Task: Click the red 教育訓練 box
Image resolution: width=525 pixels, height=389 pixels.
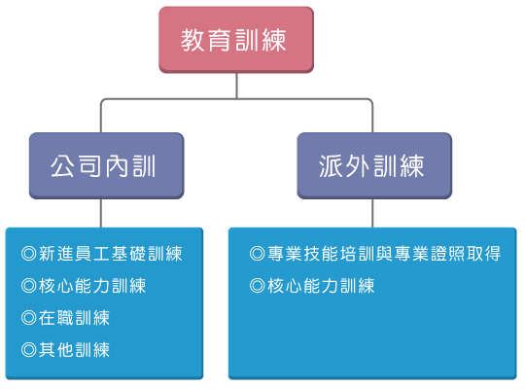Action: tap(236, 40)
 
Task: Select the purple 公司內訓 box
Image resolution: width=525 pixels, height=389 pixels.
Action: tap(107, 165)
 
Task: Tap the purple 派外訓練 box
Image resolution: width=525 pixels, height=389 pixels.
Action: tap(374, 165)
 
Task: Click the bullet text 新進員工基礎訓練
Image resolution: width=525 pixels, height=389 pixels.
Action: tap(111, 253)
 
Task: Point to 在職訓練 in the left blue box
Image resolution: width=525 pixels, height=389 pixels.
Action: tap(74, 318)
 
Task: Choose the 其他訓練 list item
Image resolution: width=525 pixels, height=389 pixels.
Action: tap(74, 350)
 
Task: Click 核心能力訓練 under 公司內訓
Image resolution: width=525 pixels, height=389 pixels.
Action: tap(92, 286)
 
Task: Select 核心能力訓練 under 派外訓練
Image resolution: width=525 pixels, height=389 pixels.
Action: tap(321, 286)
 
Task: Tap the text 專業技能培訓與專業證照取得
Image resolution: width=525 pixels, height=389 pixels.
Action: tap(384, 253)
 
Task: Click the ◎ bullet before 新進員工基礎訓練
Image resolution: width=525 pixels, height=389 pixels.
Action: tap(29, 253)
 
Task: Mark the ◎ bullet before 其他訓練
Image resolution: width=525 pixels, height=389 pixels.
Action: tap(29, 350)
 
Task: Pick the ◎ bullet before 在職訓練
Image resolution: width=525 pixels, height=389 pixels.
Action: tap(29, 318)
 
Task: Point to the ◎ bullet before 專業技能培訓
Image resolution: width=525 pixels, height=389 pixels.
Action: tap(258, 253)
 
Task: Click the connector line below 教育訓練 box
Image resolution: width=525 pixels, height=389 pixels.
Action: tap(236, 86)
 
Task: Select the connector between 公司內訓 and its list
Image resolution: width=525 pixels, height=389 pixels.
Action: tap(101, 213)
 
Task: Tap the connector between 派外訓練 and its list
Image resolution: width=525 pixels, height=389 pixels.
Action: tap(372, 213)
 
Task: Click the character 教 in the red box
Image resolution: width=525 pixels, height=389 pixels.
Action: tap(192, 40)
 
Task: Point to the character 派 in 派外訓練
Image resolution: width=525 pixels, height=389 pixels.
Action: tap(331, 166)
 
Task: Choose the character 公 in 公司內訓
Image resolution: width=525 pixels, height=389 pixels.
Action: tap(62, 166)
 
